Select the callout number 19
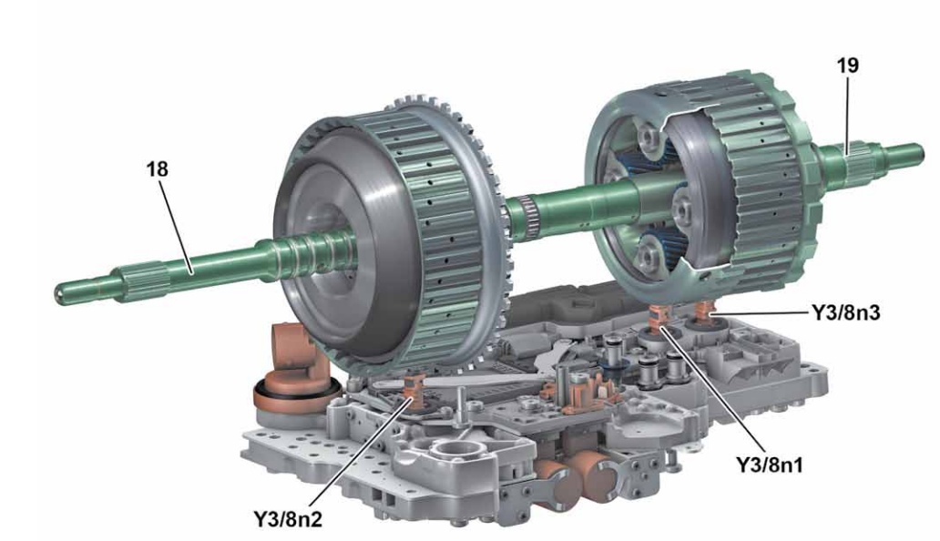847,66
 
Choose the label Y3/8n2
290,522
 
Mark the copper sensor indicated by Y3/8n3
703,314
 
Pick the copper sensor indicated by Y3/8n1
658,321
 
